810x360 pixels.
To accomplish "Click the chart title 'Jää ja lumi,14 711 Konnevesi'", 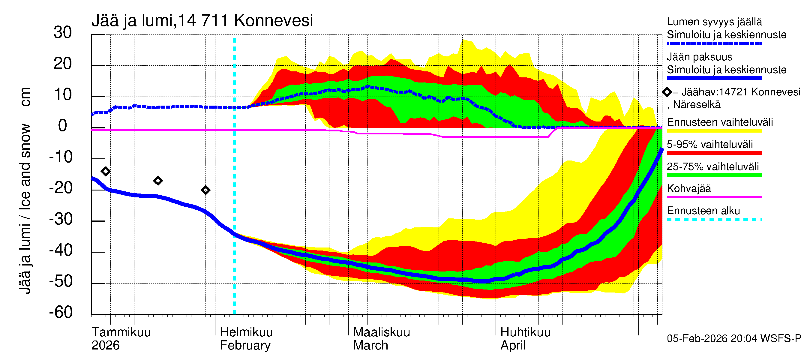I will click(202, 21).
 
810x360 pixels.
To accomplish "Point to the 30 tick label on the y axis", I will click(63, 32).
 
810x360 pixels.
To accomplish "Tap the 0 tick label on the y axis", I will click(63, 126).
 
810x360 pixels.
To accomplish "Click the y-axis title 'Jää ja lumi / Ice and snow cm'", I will click(25, 190).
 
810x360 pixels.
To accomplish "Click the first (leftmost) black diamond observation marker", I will click(106, 171).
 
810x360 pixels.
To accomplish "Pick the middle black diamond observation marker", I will click(158, 181).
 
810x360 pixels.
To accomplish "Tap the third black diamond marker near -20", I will click(205, 190).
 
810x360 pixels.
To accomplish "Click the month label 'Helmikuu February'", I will click(246, 339).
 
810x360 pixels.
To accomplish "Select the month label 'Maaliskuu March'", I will click(381, 339).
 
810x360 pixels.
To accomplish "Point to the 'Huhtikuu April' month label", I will click(525, 339).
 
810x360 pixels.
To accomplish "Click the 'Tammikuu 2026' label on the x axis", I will click(121, 339).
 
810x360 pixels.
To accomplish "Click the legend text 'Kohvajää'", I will click(688, 189).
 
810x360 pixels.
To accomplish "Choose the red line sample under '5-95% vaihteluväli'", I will click(714, 153).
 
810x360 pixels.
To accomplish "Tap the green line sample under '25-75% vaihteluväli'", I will click(714, 175).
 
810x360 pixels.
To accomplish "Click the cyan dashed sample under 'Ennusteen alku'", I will click(714, 219).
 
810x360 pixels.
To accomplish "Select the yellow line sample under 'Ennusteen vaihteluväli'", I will click(714, 131).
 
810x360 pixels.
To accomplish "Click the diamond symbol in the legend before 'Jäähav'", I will click(667, 92).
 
